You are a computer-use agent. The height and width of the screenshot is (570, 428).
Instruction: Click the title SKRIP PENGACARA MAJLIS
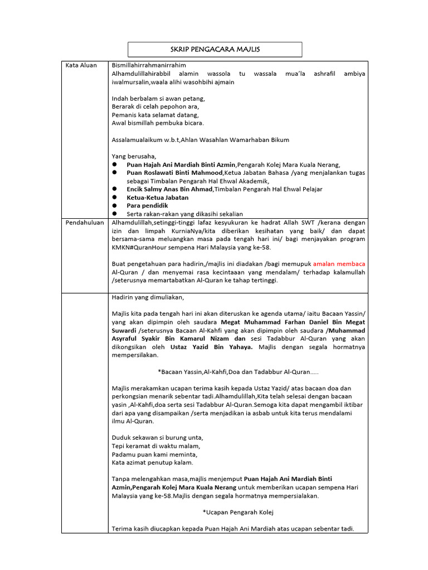point(215,50)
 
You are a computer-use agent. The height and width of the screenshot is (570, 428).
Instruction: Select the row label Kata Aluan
point(81,65)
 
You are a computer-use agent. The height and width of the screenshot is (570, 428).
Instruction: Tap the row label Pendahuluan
point(85,222)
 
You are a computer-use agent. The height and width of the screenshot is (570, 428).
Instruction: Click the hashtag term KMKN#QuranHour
point(136,247)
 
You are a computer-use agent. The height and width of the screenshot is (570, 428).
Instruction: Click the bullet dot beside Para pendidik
point(114,206)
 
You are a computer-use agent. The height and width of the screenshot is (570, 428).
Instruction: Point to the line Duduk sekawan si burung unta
point(158,437)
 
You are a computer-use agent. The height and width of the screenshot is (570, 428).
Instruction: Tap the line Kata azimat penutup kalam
point(153,462)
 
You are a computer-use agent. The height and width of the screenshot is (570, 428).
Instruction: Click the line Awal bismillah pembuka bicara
point(158,123)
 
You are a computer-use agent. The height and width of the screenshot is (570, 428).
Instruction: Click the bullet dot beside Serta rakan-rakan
point(114,214)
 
